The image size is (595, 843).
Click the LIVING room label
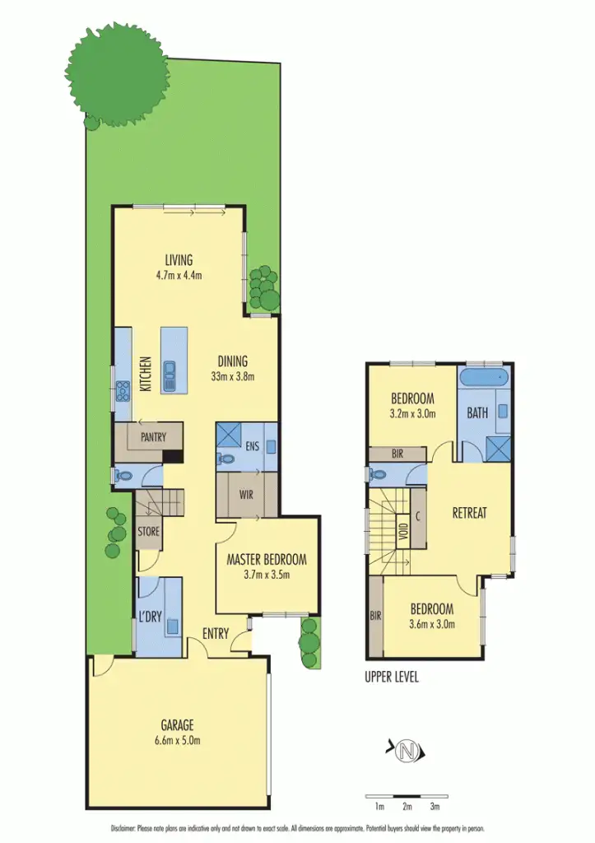179,261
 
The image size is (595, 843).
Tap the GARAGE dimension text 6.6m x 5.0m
177,740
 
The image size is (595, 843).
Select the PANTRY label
154,438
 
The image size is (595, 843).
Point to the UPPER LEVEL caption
392,678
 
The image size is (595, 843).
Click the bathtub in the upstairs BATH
486,380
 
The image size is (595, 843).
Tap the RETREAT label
469,512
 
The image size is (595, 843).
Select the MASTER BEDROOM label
267,560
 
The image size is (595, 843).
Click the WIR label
245,496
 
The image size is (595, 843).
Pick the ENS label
253,448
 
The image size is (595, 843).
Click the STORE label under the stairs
148,532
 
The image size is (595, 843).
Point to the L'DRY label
149,617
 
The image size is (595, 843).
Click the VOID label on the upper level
402,531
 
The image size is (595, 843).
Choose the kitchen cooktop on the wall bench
123,391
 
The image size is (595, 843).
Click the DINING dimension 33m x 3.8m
232,377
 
